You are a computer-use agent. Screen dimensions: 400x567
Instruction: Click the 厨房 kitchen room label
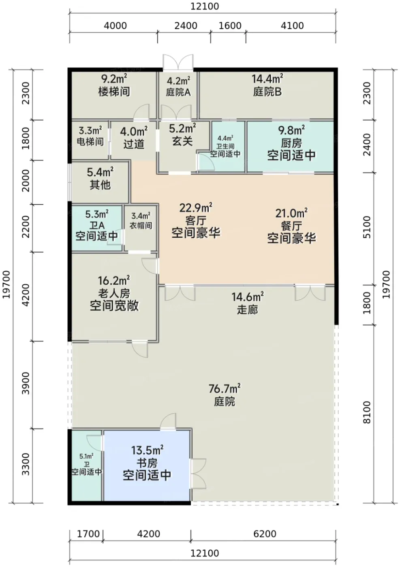click(291, 143)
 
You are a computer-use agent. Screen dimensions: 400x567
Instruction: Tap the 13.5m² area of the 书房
click(147, 450)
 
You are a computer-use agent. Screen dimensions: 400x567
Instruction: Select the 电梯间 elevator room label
click(90, 142)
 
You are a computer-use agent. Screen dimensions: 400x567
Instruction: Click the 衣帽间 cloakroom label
click(141, 225)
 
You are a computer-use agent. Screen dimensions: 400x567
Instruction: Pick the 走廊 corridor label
click(247, 310)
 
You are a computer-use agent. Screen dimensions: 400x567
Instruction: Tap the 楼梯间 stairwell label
click(114, 92)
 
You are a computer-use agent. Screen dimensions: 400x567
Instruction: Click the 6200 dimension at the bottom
click(265, 534)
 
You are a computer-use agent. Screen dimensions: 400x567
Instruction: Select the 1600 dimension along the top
click(230, 26)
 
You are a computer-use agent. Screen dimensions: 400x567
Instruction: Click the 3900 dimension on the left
click(26, 383)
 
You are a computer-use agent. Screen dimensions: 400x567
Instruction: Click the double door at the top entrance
click(178, 62)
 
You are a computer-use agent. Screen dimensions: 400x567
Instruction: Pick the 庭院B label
click(267, 92)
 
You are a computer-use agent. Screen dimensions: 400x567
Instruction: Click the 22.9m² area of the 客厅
click(196, 208)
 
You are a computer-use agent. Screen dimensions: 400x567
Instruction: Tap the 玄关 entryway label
click(182, 141)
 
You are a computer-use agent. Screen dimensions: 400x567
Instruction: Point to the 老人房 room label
click(114, 293)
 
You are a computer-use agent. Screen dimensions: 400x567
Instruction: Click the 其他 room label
click(100, 185)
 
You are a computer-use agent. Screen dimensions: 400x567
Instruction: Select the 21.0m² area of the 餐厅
click(291, 213)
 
